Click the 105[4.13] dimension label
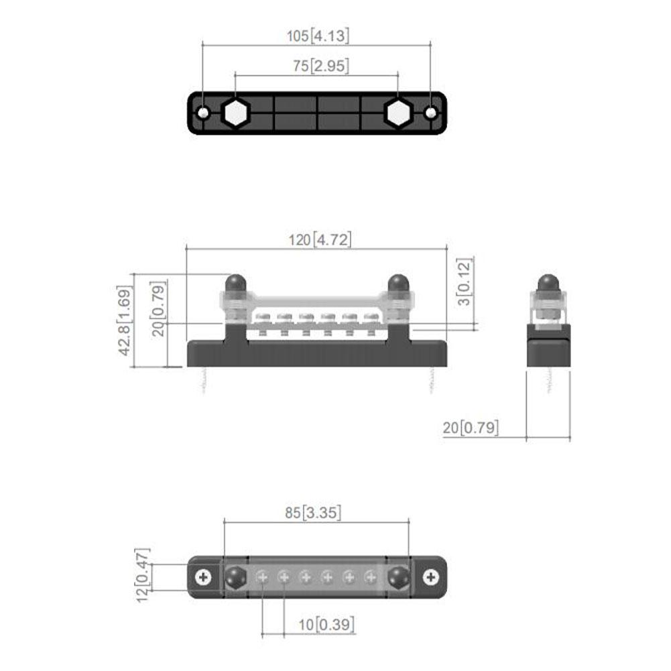(318, 36)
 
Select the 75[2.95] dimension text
(318, 66)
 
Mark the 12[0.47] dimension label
(143, 576)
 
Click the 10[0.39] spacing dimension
(326, 624)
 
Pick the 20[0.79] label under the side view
(471, 427)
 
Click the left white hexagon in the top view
(236, 113)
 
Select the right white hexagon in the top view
(398, 113)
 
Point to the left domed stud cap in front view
(235, 283)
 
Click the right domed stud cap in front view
(398, 283)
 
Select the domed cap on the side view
(548, 283)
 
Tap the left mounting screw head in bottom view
(204, 576)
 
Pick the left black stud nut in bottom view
(235, 576)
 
